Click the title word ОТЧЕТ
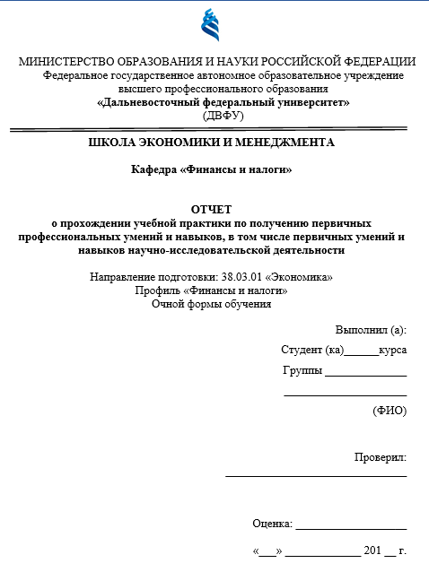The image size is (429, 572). coord(212,210)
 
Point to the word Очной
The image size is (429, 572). coord(170,304)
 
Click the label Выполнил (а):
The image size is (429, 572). coord(371,330)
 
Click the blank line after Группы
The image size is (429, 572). coord(365,375)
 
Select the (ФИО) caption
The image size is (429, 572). coord(390,411)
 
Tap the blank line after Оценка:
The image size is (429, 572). coord(351,527)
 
